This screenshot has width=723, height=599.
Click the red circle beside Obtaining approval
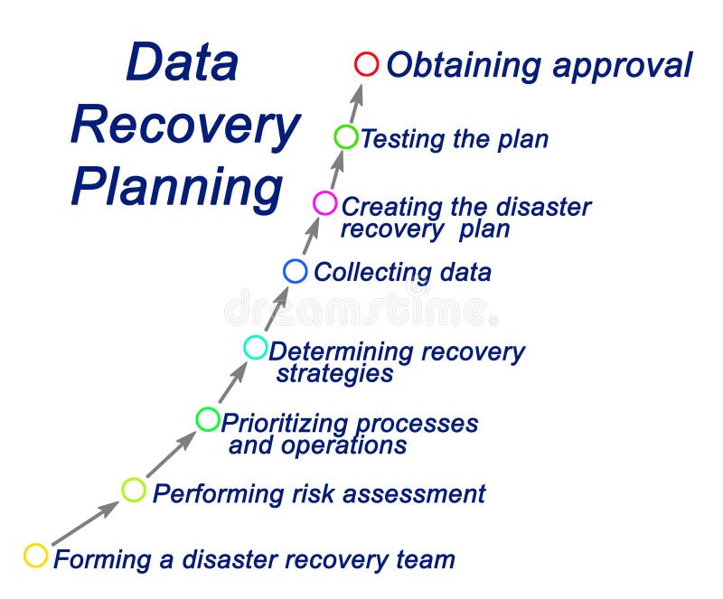[x=366, y=64]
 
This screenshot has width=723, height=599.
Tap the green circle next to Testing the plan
[x=346, y=137]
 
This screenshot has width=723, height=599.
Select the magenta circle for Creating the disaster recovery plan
[x=324, y=203]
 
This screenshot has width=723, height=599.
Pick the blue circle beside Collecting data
[x=296, y=270]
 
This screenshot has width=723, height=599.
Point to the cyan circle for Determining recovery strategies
[x=256, y=347]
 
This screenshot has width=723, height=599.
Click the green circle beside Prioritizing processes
[x=208, y=419]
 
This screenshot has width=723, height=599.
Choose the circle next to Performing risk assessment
[x=134, y=491]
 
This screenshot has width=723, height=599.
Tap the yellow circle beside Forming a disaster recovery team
[x=35, y=555]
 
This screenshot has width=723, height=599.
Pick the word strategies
[x=335, y=373]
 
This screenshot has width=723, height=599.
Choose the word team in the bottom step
[x=425, y=559]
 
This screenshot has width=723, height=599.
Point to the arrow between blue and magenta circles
[x=310, y=238]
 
